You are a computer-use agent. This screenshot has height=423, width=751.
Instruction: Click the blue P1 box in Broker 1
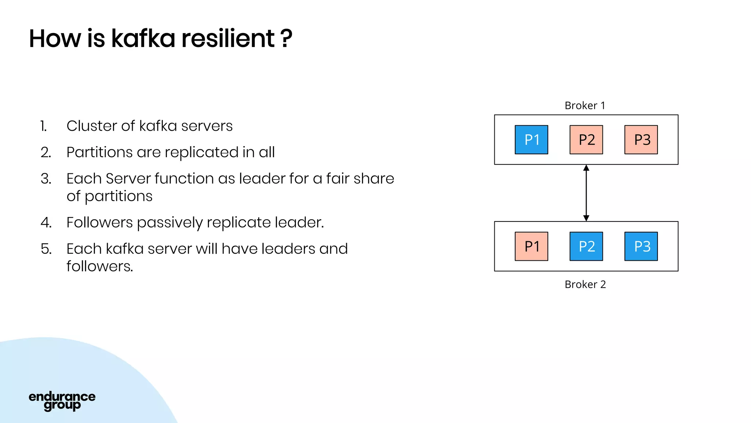pos(531,140)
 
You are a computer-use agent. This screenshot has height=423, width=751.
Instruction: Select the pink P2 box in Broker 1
pos(586,140)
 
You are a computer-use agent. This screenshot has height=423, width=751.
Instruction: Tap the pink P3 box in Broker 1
pos(641,140)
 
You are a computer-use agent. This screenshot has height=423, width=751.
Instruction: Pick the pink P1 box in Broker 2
pos(531,246)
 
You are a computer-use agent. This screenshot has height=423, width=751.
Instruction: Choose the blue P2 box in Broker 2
pos(586,246)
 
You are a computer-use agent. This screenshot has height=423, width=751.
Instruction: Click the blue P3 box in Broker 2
pos(641,246)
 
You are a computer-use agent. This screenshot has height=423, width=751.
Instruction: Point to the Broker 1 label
pos(585,106)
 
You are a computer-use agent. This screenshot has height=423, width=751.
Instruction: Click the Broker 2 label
pos(585,285)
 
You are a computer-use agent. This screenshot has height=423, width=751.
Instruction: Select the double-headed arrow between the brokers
pos(586,193)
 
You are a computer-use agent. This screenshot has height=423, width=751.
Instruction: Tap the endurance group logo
pos(62,401)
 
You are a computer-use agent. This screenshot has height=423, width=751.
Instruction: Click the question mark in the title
pos(286,38)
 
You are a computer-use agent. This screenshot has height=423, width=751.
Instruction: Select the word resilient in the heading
pos(228,38)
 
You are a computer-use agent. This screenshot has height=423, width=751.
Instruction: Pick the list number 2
pos(46,152)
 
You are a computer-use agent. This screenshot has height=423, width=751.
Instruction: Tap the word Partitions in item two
pos(99,152)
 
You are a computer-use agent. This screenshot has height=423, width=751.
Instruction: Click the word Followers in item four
pos(99,223)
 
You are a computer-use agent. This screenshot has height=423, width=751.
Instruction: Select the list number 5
pos(46,249)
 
